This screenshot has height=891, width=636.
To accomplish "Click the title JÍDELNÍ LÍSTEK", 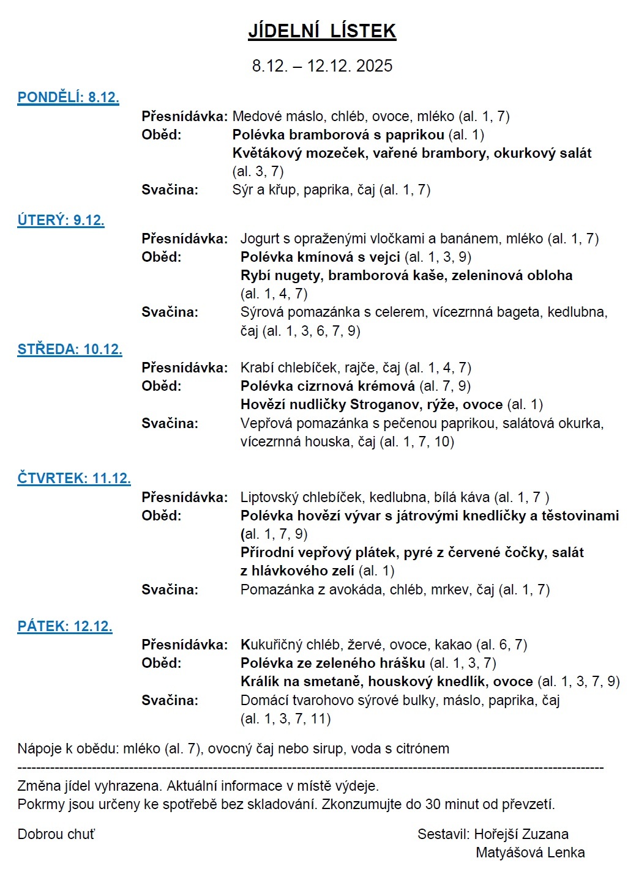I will point(322,31).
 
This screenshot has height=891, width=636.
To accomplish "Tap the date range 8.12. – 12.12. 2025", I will point(322,66).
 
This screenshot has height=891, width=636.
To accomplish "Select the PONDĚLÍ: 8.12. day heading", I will point(68,97).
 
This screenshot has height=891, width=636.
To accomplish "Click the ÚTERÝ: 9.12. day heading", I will point(61,220).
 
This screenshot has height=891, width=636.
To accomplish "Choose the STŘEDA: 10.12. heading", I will point(70,349).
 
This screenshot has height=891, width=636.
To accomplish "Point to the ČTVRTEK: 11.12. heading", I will point(74,478).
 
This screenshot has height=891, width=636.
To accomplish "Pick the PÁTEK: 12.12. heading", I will point(65,626).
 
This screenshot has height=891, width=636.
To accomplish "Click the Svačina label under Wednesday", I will point(170,423).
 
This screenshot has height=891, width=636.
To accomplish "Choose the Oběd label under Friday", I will point(162,663).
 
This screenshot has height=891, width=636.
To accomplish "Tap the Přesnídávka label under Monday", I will point(184,116).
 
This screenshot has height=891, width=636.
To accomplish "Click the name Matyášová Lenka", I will point(530,852).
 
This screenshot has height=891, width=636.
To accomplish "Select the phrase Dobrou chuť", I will point(56,834).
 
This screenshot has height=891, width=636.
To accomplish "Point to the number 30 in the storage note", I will point(433,804).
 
